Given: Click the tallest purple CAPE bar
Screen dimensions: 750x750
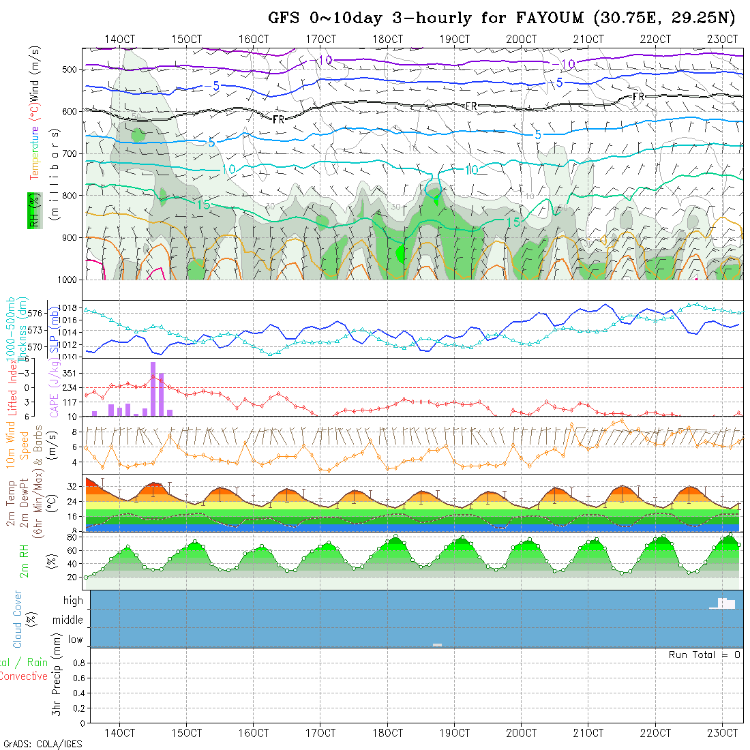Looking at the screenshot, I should [153, 389].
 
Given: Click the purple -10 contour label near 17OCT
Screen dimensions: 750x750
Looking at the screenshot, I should [325, 61].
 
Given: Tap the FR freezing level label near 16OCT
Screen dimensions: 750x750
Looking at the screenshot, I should [278, 119].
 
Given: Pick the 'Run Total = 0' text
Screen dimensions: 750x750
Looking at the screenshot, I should [704, 655].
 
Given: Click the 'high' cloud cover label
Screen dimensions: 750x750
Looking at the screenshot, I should [74, 601].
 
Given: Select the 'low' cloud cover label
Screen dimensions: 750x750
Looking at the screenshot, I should [75, 640].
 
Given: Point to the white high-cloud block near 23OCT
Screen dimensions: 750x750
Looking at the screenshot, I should [724, 603].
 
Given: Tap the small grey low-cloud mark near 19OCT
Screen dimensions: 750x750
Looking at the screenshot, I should [437, 644].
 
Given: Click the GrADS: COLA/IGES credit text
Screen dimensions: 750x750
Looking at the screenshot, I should [42, 744].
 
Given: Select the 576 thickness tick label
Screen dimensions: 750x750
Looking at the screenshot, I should [36, 313].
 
